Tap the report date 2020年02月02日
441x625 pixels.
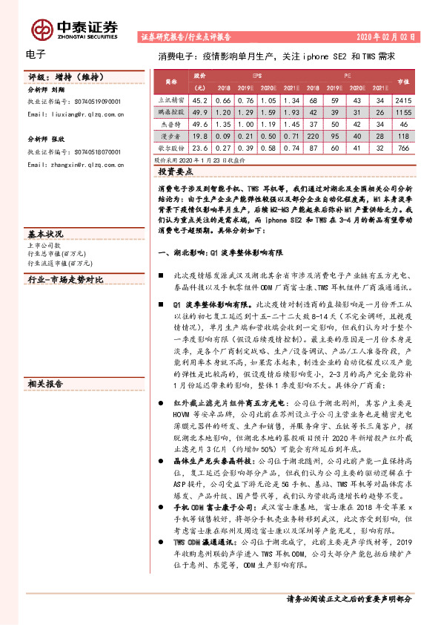392,36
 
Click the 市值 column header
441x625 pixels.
402,81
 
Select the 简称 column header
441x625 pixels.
170,81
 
